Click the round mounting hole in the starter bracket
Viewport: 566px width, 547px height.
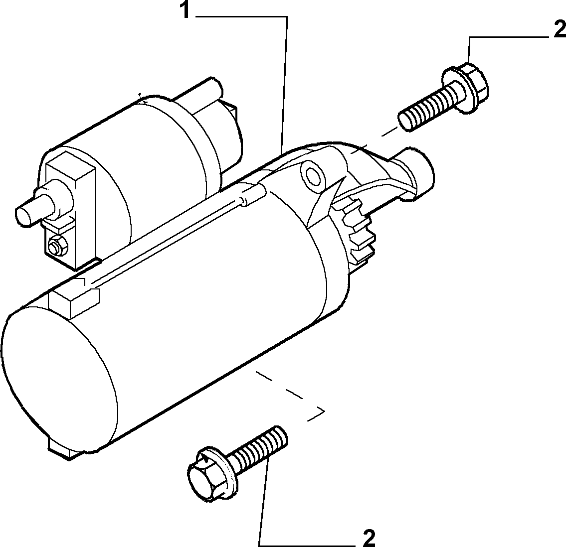pos(311,174)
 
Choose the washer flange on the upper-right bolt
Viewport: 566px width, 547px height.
pos(457,90)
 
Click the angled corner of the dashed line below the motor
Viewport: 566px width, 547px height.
pos(324,410)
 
